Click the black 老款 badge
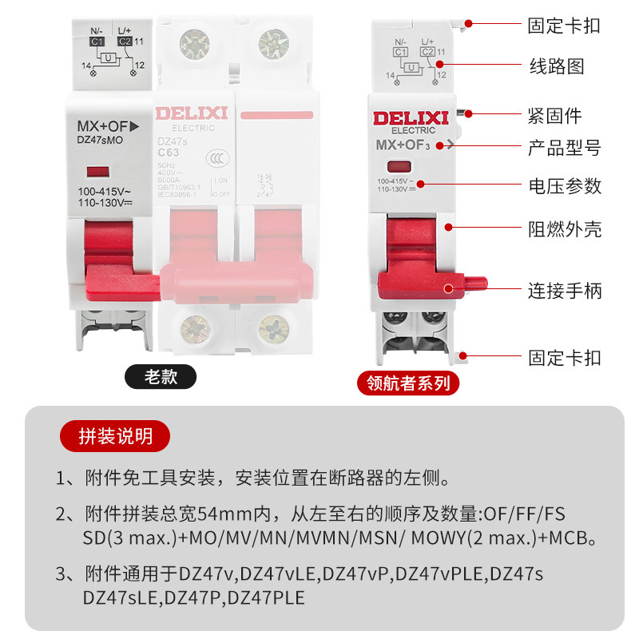160,376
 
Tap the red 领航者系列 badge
408,382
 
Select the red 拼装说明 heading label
116,436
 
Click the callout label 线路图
558,66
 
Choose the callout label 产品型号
564,149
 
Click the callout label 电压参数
564,186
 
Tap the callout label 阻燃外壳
564,230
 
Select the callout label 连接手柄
564,290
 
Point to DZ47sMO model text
101,140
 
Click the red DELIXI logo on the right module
413,119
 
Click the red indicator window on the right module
399,167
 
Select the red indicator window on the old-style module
97,171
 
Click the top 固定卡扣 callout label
564,26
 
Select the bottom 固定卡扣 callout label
564,357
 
